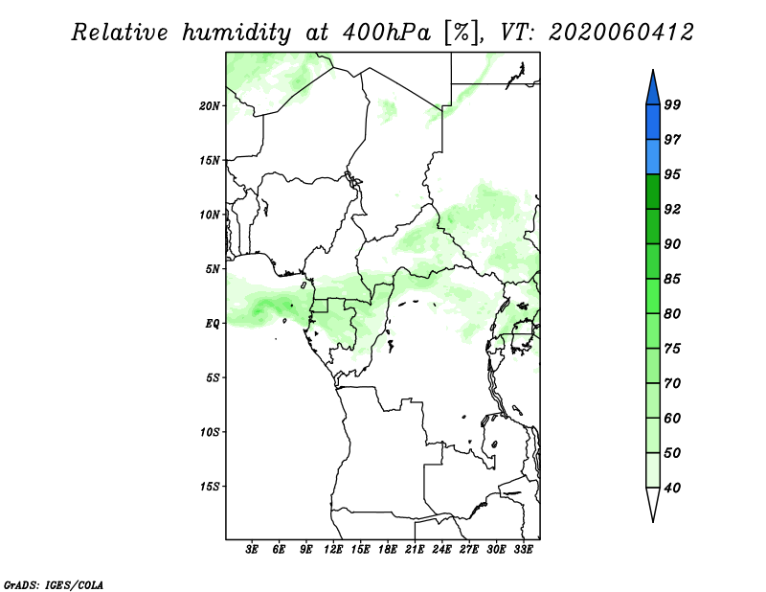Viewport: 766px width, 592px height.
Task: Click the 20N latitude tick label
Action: [210, 105]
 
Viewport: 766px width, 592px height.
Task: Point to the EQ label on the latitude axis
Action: [213, 324]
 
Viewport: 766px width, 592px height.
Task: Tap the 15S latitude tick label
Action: [210, 487]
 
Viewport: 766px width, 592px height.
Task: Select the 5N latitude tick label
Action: [213, 269]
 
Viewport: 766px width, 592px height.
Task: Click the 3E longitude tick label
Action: [252, 549]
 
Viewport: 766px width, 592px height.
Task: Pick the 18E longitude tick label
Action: [388, 549]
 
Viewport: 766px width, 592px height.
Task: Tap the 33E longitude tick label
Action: [523, 549]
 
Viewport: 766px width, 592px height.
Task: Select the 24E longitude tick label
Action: [441, 549]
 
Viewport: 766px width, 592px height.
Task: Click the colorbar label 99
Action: [672, 104]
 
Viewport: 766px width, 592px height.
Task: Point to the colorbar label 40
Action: [672, 488]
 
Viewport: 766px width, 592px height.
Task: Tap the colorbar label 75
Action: [672, 349]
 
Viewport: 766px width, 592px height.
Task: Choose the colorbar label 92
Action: [672, 209]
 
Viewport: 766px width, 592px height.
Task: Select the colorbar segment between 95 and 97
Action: [653, 157]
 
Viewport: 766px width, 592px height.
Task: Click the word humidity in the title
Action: [237, 33]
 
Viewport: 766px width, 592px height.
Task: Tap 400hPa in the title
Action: [387, 33]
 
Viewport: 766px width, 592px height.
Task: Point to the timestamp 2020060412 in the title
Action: [620, 33]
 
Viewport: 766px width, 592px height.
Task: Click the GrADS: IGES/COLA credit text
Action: [53, 584]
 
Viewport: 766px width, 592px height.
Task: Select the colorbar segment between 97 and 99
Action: [653, 123]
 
